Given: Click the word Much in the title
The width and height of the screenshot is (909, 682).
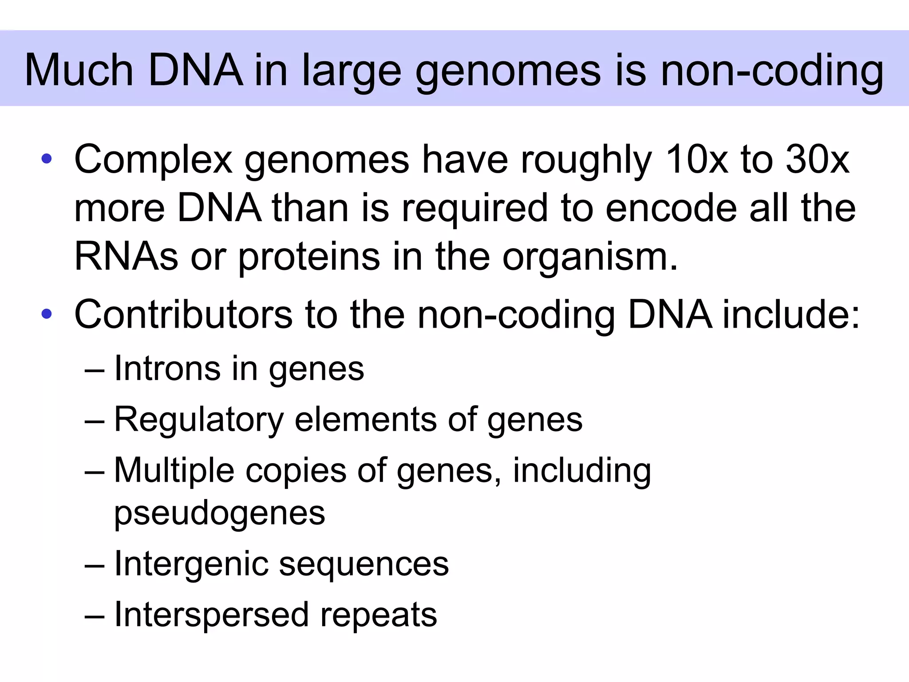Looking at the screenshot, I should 79,70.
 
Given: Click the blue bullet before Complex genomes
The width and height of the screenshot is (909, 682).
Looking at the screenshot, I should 47,159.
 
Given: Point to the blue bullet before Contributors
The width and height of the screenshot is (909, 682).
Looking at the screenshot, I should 47,314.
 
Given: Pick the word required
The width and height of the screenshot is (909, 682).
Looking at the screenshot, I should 475,209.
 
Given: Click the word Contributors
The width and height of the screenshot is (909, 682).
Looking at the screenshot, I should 183,314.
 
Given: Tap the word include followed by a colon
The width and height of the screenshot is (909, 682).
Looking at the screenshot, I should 790,314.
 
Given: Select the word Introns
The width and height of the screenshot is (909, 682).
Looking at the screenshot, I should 167,369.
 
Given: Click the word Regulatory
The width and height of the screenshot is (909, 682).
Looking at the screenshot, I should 199,420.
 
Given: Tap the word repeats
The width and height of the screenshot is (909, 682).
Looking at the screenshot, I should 379,615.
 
